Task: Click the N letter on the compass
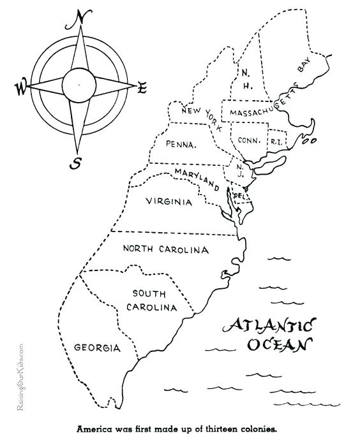point(80,18)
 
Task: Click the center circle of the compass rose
point(80,82)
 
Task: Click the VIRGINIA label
point(169,202)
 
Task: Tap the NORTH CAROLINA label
point(165,248)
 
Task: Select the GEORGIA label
point(97,348)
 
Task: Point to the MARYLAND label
point(198,178)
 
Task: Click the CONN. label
point(247,140)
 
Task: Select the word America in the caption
point(96,429)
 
